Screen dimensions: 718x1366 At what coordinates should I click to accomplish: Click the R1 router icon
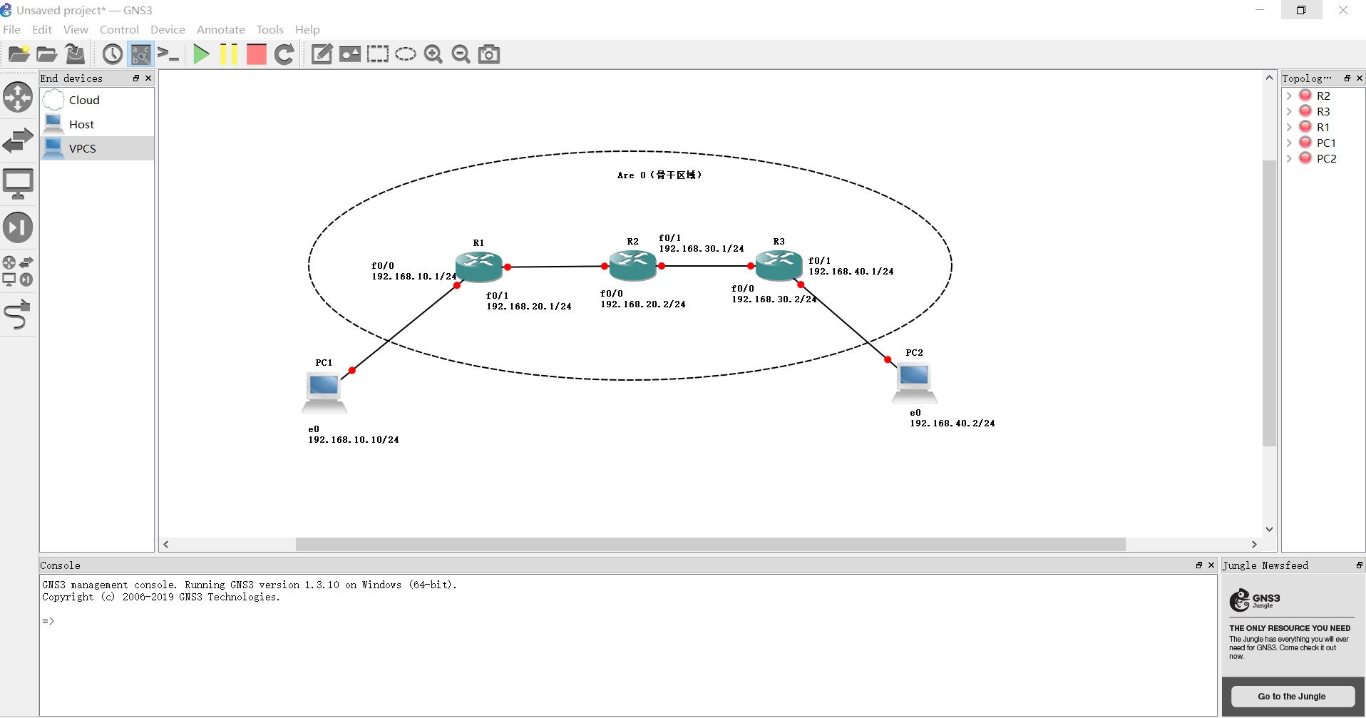pyautogui.click(x=479, y=266)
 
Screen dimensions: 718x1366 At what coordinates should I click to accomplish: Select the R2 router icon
pyautogui.click(x=632, y=265)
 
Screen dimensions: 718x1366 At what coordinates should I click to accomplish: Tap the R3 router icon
pyautogui.click(x=779, y=265)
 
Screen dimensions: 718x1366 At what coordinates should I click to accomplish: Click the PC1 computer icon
pyautogui.click(x=324, y=391)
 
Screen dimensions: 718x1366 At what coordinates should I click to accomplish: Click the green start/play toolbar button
pyautogui.click(x=201, y=54)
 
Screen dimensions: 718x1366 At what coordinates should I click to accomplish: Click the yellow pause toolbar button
pyautogui.click(x=229, y=54)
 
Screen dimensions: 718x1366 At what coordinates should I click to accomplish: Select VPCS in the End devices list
pyautogui.click(x=83, y=148)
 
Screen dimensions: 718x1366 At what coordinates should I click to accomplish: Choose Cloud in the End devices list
pyautogui.click(x=84, y=100)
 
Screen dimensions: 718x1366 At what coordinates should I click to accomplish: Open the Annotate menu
pyautogui.click(x=220, y=29)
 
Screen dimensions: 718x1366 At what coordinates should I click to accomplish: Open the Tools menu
pyautogui.click(x=269, y=29)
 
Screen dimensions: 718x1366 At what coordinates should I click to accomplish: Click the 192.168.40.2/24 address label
pyautogui.click(x=952, y=423)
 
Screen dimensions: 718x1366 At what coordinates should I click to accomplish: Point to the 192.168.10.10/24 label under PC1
pyautogui.click(x=353, y=439)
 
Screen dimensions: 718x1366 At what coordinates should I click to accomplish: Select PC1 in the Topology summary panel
pyautogui.click(x=1326, y=143)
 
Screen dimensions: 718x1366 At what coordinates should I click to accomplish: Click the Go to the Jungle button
pyautogui.click(x=1291, y=696)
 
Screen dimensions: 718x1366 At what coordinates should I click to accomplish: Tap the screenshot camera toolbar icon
pyautogui.click(x=489, y=54)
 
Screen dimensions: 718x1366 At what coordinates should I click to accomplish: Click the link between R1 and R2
pyautogui.click(x=556, y=267)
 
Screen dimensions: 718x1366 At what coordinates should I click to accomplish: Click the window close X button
pyautogui.click(x=1343, y=10)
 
